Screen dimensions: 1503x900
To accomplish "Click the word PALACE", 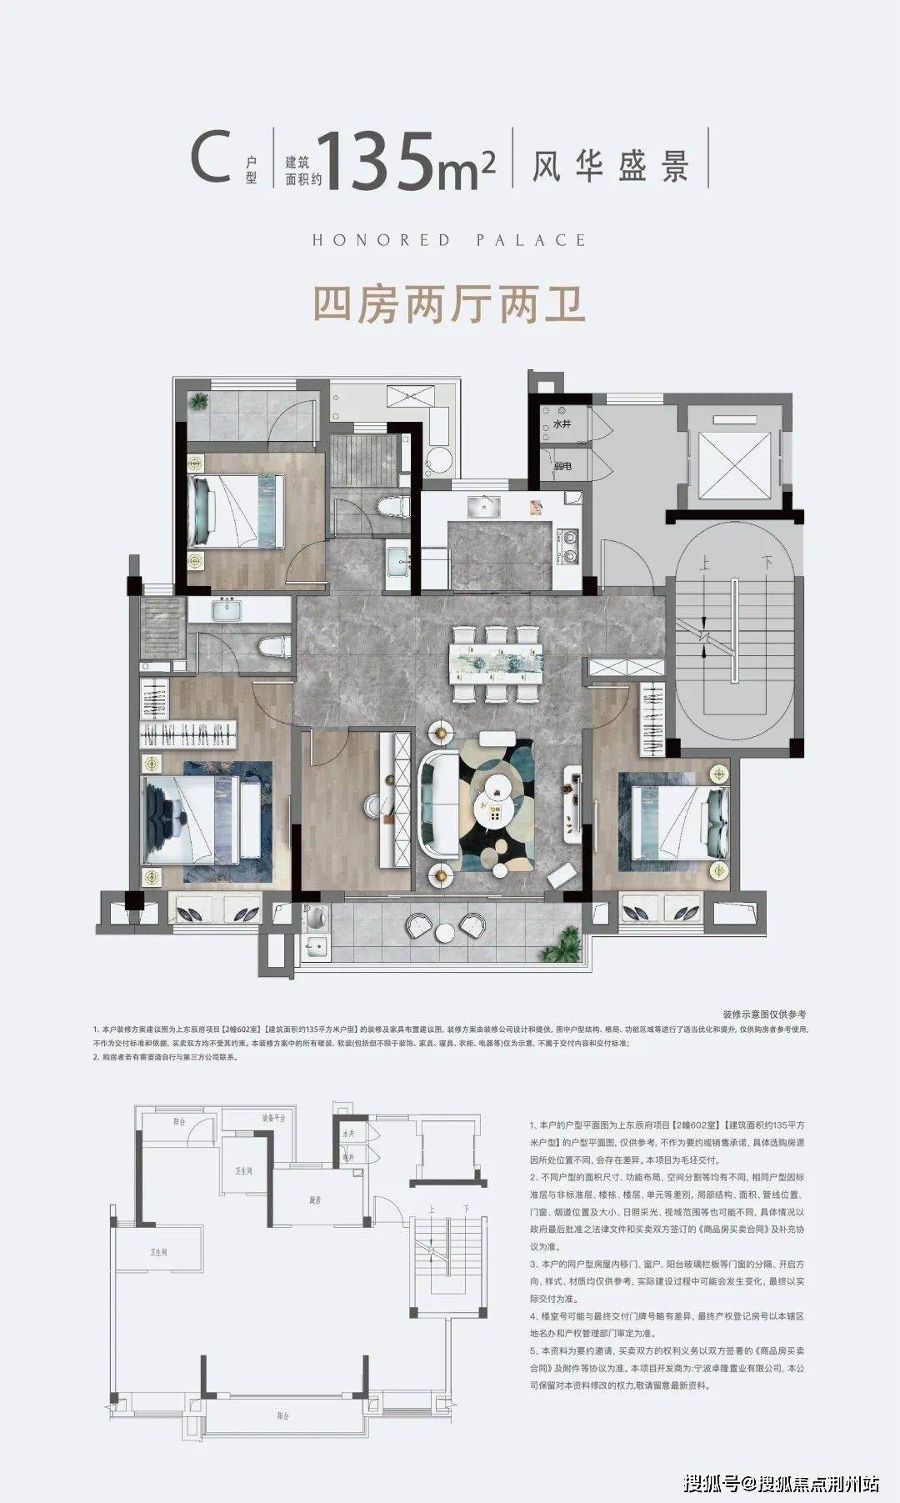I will (x=531, y=240).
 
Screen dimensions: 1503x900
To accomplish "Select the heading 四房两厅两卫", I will (x=448, y=304).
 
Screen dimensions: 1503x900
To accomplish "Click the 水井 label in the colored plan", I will (x=562, y=424).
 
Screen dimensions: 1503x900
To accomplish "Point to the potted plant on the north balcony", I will (x=198, y=401).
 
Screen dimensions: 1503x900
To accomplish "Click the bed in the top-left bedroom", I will (x=236, y=509).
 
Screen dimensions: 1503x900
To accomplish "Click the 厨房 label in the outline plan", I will (x=315, y=1201).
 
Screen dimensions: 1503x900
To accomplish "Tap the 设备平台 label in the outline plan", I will (x=273, y=1118).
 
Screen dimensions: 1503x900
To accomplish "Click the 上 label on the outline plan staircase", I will (x=431, y=1209).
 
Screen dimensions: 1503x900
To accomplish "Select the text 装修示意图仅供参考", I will (x=763, y=1015).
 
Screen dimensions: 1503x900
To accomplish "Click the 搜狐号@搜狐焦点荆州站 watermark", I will (x=781, y=1483).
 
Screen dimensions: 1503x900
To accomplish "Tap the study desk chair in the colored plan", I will (x=373, y=804).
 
